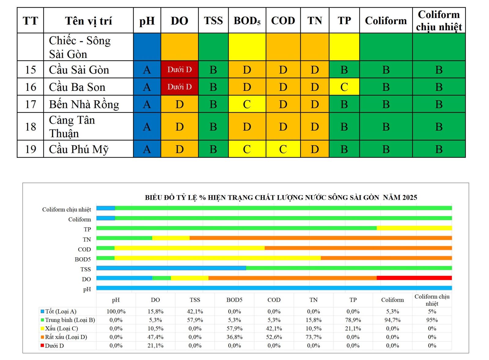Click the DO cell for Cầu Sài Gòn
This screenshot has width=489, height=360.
pos(179,69)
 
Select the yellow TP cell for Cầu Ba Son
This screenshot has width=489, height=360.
pos(344,87)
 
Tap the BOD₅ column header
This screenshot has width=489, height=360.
pos(247,20)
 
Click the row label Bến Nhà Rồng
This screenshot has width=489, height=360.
pos(84,104)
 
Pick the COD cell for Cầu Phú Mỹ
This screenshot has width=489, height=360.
pos(283,149)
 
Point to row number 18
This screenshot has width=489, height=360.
pos(31,127)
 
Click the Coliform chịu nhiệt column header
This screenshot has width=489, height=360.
pos(439,20)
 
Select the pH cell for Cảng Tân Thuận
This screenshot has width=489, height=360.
pos(147,127)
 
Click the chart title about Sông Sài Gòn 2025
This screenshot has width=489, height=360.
pos(281,197)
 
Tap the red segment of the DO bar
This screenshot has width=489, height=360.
pos(414,278)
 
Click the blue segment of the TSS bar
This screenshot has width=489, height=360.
pos(171,268)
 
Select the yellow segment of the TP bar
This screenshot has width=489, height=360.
pos(414,228)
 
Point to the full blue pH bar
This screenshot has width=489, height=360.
pos(274,288)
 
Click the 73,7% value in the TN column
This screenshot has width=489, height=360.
pos(314,337)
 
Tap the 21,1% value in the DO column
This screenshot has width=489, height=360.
pos(155,346)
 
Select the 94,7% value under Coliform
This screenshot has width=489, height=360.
pos(392,320)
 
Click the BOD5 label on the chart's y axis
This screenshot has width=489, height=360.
pos(83,259)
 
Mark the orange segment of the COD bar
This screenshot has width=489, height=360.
pos(358,248)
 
